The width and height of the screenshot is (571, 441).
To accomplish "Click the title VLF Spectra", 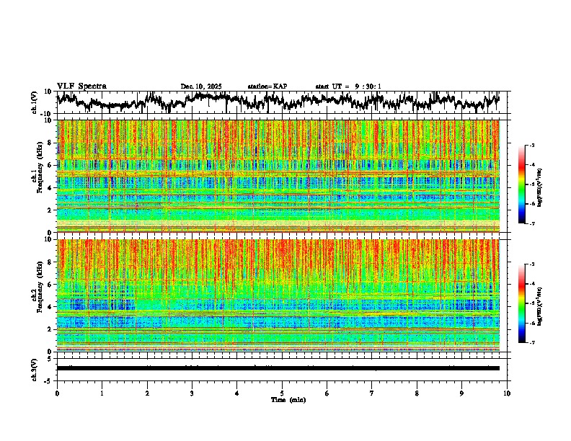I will click(81, 86).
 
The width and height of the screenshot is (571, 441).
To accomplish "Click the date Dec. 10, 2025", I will click(201, 86).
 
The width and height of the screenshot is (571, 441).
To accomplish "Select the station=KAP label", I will click(267, 86).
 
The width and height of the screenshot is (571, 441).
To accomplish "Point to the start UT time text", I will click(348, 86).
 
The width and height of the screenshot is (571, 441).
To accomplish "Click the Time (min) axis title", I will click(288, 399).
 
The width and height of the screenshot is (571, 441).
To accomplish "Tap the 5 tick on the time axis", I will click(282, 393).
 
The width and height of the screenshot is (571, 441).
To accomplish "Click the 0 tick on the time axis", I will click(57, 393).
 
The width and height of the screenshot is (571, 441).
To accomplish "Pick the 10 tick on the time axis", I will click(507, 393).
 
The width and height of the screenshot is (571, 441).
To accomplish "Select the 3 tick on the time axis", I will click(192, 393).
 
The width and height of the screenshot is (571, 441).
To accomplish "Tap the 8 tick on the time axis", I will click(417, 393).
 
